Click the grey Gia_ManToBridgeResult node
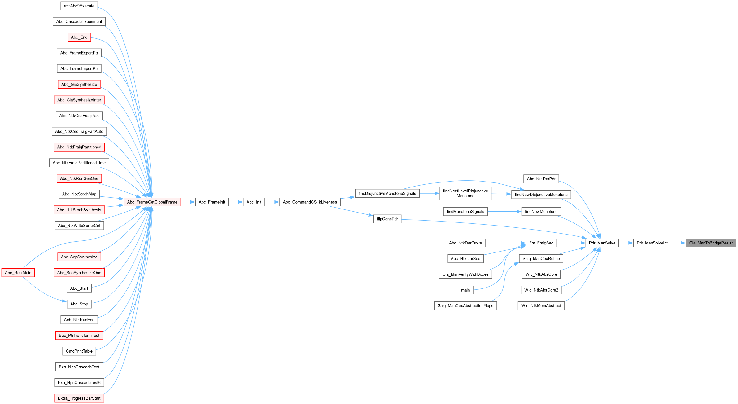coord(711,243)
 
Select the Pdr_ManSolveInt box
coord(652,243)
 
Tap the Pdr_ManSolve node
coord(602,243)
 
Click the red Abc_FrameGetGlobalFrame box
coord(152,202)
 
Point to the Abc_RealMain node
coord(18,273)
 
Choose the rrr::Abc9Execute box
coord(79,6)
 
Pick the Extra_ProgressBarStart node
coord(79,398)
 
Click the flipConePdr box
coord(387,219)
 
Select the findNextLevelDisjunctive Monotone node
coord(465,193)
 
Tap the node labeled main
coord(465,290)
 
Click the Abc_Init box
coord(254,202)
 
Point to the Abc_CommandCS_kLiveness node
coord(310,202)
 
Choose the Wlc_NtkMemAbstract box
coord(541,306)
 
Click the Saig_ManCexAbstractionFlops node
coord(465,306)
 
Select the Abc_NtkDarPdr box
coord(541,179)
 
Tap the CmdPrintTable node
coord(79,351)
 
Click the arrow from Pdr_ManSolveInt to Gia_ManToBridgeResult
coord(679,243)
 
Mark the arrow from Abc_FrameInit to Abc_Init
coord(236,202)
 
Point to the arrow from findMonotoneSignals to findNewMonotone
coord(504,212)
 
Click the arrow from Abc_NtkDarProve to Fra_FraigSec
coord(505,243)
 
